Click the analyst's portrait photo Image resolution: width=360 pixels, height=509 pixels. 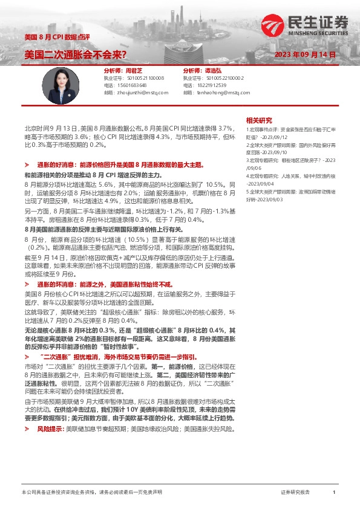(62, 82)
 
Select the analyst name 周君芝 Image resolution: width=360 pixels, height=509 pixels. (137, 71)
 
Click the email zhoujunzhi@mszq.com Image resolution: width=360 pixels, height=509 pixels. (144, 92)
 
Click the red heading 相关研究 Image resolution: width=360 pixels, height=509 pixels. (259, 120)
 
